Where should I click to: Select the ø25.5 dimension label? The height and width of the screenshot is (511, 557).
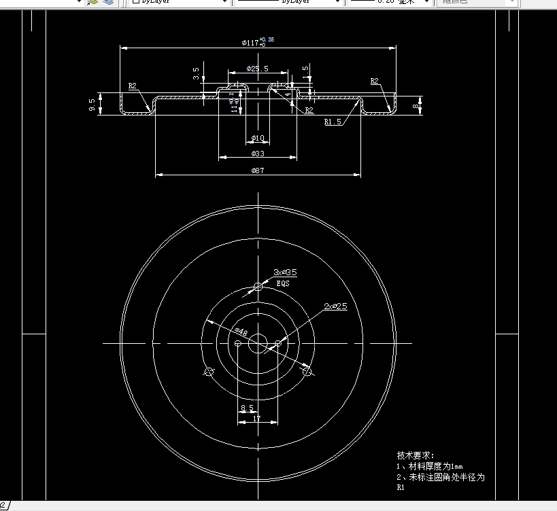[257, 69]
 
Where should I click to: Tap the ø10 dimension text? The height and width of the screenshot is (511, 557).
[257, 138]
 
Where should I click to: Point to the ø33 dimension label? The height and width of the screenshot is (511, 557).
[257, 154]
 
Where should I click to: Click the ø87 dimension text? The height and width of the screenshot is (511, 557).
[257, 171]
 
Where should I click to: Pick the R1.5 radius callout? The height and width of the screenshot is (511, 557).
[333, 122]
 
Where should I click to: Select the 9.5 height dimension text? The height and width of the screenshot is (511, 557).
[92, 105]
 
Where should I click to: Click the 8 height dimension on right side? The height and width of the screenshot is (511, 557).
[416, 105]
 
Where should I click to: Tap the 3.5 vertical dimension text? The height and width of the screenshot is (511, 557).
[197, 71]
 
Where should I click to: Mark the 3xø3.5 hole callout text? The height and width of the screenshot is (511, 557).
[285, 272]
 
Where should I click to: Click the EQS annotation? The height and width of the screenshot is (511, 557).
[282, 283]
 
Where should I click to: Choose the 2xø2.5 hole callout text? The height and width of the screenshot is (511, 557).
[335, 306]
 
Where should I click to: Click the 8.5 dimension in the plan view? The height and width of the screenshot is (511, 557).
[247, 408]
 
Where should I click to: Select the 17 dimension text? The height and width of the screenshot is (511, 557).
[256, 419]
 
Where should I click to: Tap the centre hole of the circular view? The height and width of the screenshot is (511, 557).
[258, 344]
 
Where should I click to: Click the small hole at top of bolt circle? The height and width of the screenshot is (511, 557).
[258, 286]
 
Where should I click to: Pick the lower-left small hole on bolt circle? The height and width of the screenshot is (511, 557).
[209, 372]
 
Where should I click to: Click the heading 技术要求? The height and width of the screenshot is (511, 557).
[415, 455]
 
